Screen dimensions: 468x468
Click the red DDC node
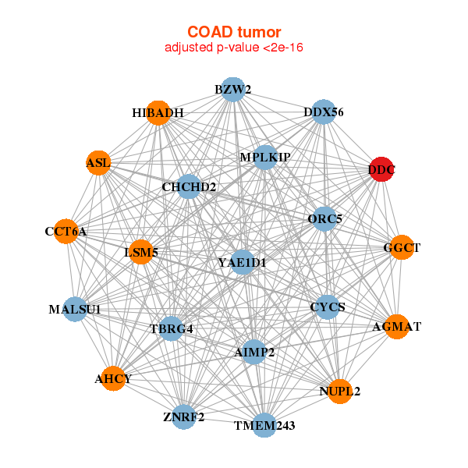(381, 169)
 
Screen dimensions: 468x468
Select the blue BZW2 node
(233, 90)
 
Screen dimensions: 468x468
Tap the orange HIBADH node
(158, 113)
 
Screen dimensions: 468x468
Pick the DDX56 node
(324, 112)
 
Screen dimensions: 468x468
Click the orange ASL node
(98, 163)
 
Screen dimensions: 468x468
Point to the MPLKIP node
(264, 158)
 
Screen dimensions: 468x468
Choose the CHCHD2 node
(189, 186)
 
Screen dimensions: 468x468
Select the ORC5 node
(324, 218)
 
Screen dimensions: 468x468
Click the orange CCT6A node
(66, 232)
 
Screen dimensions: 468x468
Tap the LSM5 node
(141, 252)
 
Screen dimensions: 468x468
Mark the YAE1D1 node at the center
(243, 262)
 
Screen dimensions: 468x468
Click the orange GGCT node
(402, 247)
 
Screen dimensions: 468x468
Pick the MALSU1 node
(76, 309)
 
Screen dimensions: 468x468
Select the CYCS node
(328, 307)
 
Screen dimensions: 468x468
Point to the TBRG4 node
(172, 328)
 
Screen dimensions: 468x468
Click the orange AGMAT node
(397, 327)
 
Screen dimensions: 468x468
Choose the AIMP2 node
(254, 352)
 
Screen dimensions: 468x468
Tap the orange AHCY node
(113, 378)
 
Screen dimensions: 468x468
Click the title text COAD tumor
(234, 32)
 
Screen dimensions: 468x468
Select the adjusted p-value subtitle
(234, 48)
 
